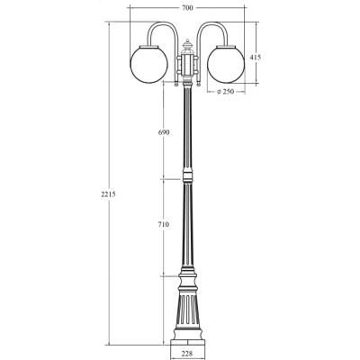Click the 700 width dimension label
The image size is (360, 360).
tap(187, 8)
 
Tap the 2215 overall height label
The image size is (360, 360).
tap(108, 194)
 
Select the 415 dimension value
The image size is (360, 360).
tap(256, 57)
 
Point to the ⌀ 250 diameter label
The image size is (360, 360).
tap(225, 92)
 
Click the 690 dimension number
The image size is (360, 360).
tap(164, 132)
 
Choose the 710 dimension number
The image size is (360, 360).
tap(164, 224)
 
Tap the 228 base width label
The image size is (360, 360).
tap(187, 354)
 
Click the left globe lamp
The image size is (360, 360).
tap(148, 63)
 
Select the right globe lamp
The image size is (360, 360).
tap(226, 63)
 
